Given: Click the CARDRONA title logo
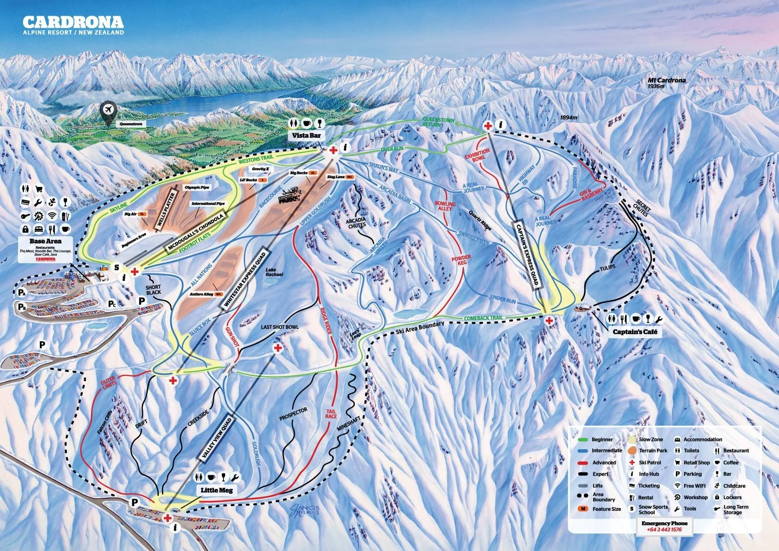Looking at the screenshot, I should click(73, 22).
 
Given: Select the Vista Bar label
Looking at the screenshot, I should click(306, 136).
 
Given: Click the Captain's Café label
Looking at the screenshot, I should click(635, 332).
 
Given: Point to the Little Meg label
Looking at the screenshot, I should click(216, 490).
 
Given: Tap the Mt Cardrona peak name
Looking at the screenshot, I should click(667, 80).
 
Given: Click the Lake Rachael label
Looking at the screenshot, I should click(274, 272).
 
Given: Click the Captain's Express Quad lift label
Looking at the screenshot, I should click(528, 254).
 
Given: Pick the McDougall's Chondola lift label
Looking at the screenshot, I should click(196, 233).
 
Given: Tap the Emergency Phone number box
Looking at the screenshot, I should click(664, 526).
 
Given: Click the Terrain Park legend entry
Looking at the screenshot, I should click(653, 451).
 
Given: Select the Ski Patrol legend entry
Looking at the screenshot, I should click(649, 463).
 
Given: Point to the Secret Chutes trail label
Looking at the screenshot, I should click(642, 208).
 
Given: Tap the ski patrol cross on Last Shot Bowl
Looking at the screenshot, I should click(278, 347).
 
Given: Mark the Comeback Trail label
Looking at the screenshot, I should click(483, 318).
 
